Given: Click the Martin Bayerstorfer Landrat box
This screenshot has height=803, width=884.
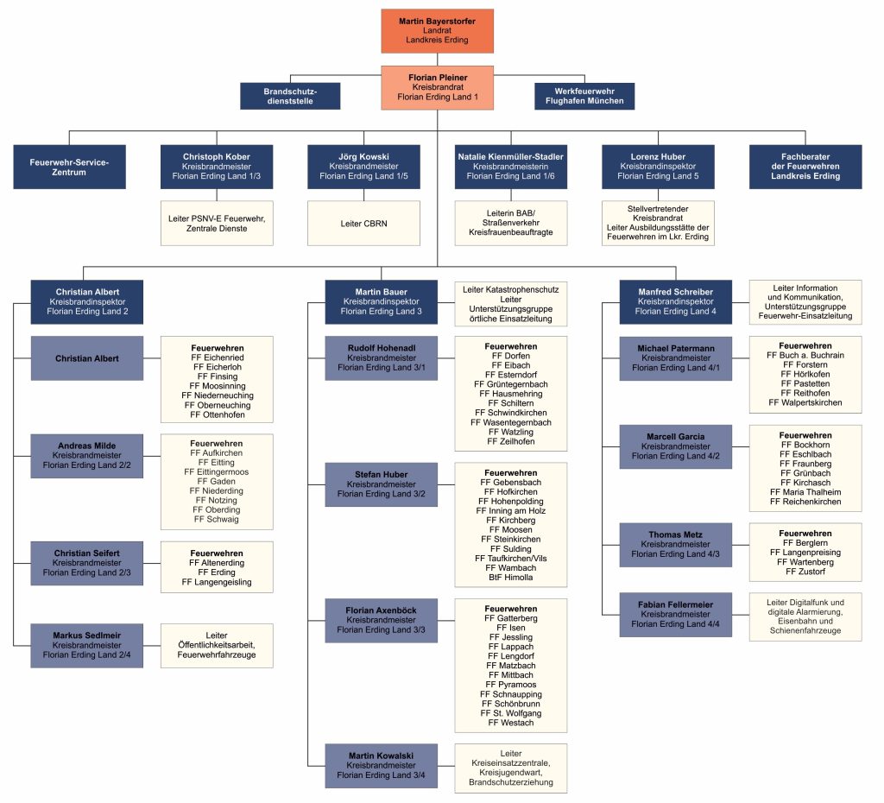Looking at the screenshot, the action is (437, 31).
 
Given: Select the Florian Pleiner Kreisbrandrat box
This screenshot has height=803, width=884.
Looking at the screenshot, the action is (437, 87).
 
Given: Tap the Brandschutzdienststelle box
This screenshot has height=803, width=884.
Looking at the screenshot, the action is (290, 96).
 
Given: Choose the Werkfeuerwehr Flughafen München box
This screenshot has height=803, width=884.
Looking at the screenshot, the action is (584, 96).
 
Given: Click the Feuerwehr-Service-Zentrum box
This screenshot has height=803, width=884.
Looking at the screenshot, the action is (69, 167).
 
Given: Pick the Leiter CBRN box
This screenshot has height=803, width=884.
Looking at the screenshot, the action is (363, 224).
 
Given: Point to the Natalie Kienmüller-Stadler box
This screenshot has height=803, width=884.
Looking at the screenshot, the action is (511, 167).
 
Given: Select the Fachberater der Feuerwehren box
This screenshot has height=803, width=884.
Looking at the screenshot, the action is (805, 167).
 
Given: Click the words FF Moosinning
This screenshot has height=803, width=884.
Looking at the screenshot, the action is (217, 386).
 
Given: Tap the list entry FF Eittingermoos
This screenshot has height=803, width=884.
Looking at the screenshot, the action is (217, 472).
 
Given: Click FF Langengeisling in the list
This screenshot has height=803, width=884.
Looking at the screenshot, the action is (217, 582).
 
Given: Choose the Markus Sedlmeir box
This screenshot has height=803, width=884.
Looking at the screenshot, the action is (87, 646).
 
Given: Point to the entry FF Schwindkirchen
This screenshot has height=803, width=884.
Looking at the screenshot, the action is (511, 413).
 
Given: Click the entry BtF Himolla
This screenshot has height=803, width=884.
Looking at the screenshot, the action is (511, 578).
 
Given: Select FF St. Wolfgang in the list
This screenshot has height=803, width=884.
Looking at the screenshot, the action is (511, 713).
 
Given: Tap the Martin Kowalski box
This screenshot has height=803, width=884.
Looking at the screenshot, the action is (381, 766).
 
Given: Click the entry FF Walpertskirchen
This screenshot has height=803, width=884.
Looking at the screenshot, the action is (805, 402).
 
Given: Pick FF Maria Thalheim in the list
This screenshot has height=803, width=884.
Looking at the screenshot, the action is (805, 492).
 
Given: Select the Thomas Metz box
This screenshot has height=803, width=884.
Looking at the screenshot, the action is (675, 545).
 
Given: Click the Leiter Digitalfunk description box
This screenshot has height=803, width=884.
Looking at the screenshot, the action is (805, 616).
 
